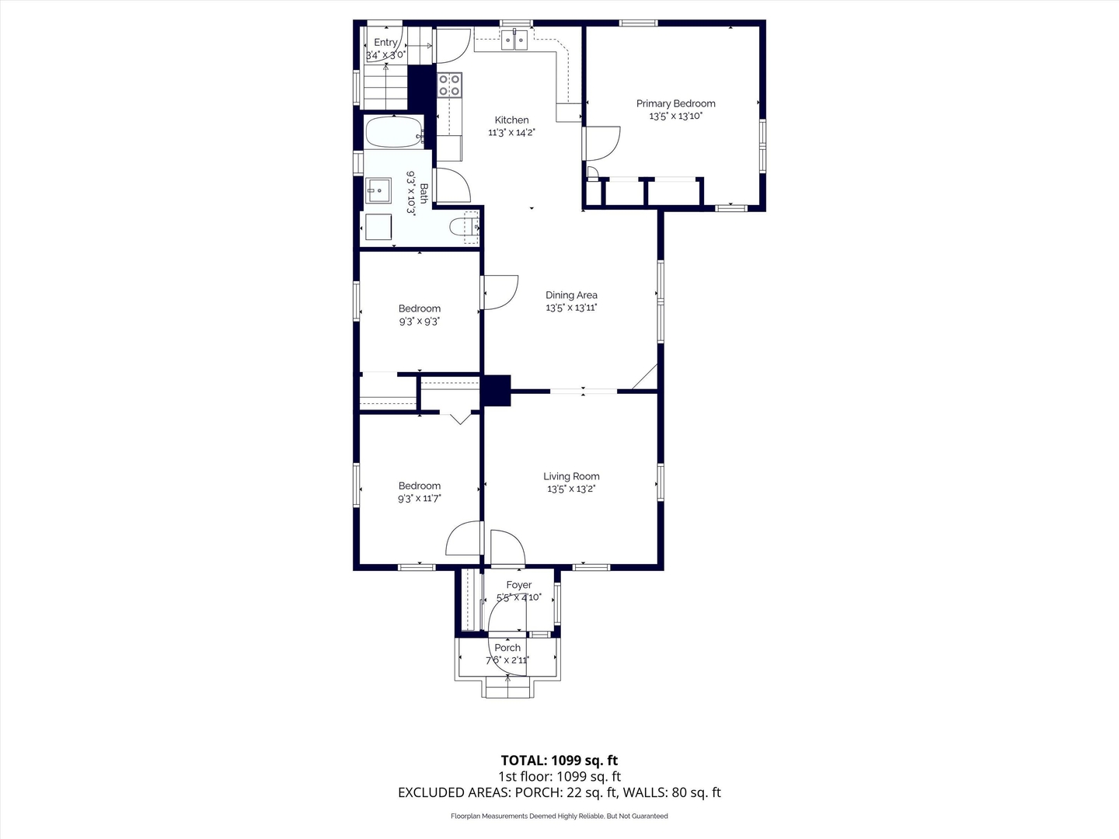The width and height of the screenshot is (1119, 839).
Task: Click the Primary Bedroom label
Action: [x=675, y=103]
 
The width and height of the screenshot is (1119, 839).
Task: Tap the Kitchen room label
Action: [x=511, y=120]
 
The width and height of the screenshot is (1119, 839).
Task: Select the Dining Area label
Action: [x=571, y=295]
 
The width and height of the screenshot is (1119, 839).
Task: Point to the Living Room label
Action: [x=571, y=476]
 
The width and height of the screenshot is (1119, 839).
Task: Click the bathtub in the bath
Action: [x=394, y=132]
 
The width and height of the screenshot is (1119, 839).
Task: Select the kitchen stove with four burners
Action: [x=449, y=85]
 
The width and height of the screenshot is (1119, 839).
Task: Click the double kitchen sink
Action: [x=514, y=40]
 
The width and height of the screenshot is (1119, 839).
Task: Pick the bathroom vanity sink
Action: [x=378, y=190]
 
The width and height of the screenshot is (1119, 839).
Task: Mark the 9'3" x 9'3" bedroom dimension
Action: [x=419, y=322]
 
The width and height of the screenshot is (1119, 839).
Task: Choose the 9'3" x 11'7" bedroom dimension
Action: [x=419, y=499]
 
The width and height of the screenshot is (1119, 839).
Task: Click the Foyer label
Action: [x=518, y=585]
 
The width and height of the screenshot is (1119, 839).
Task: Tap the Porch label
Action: [x=507, y=648]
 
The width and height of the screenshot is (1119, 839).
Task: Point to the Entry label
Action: [x=385, y=43]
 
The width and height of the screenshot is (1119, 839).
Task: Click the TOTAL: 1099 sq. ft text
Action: [x=559, y=761]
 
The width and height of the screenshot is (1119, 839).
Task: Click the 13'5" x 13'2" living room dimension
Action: [x=571, y=489]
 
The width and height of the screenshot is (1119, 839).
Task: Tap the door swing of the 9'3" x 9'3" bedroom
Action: [x=499, y=292]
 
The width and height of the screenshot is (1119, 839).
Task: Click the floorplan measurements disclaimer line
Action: [x=559, y=816]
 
